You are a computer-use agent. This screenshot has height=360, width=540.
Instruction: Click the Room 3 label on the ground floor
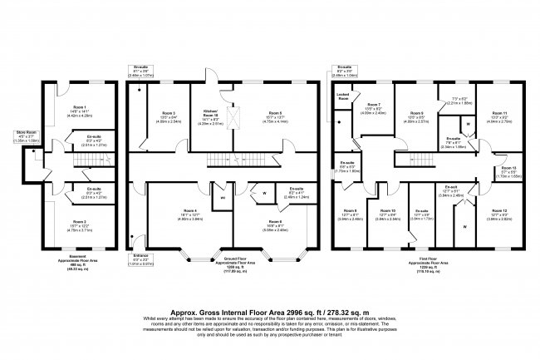click(169, 114)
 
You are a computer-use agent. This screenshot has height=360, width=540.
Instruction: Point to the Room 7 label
click(371, 105)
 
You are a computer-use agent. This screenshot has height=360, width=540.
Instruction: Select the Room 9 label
click(419, 114)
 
